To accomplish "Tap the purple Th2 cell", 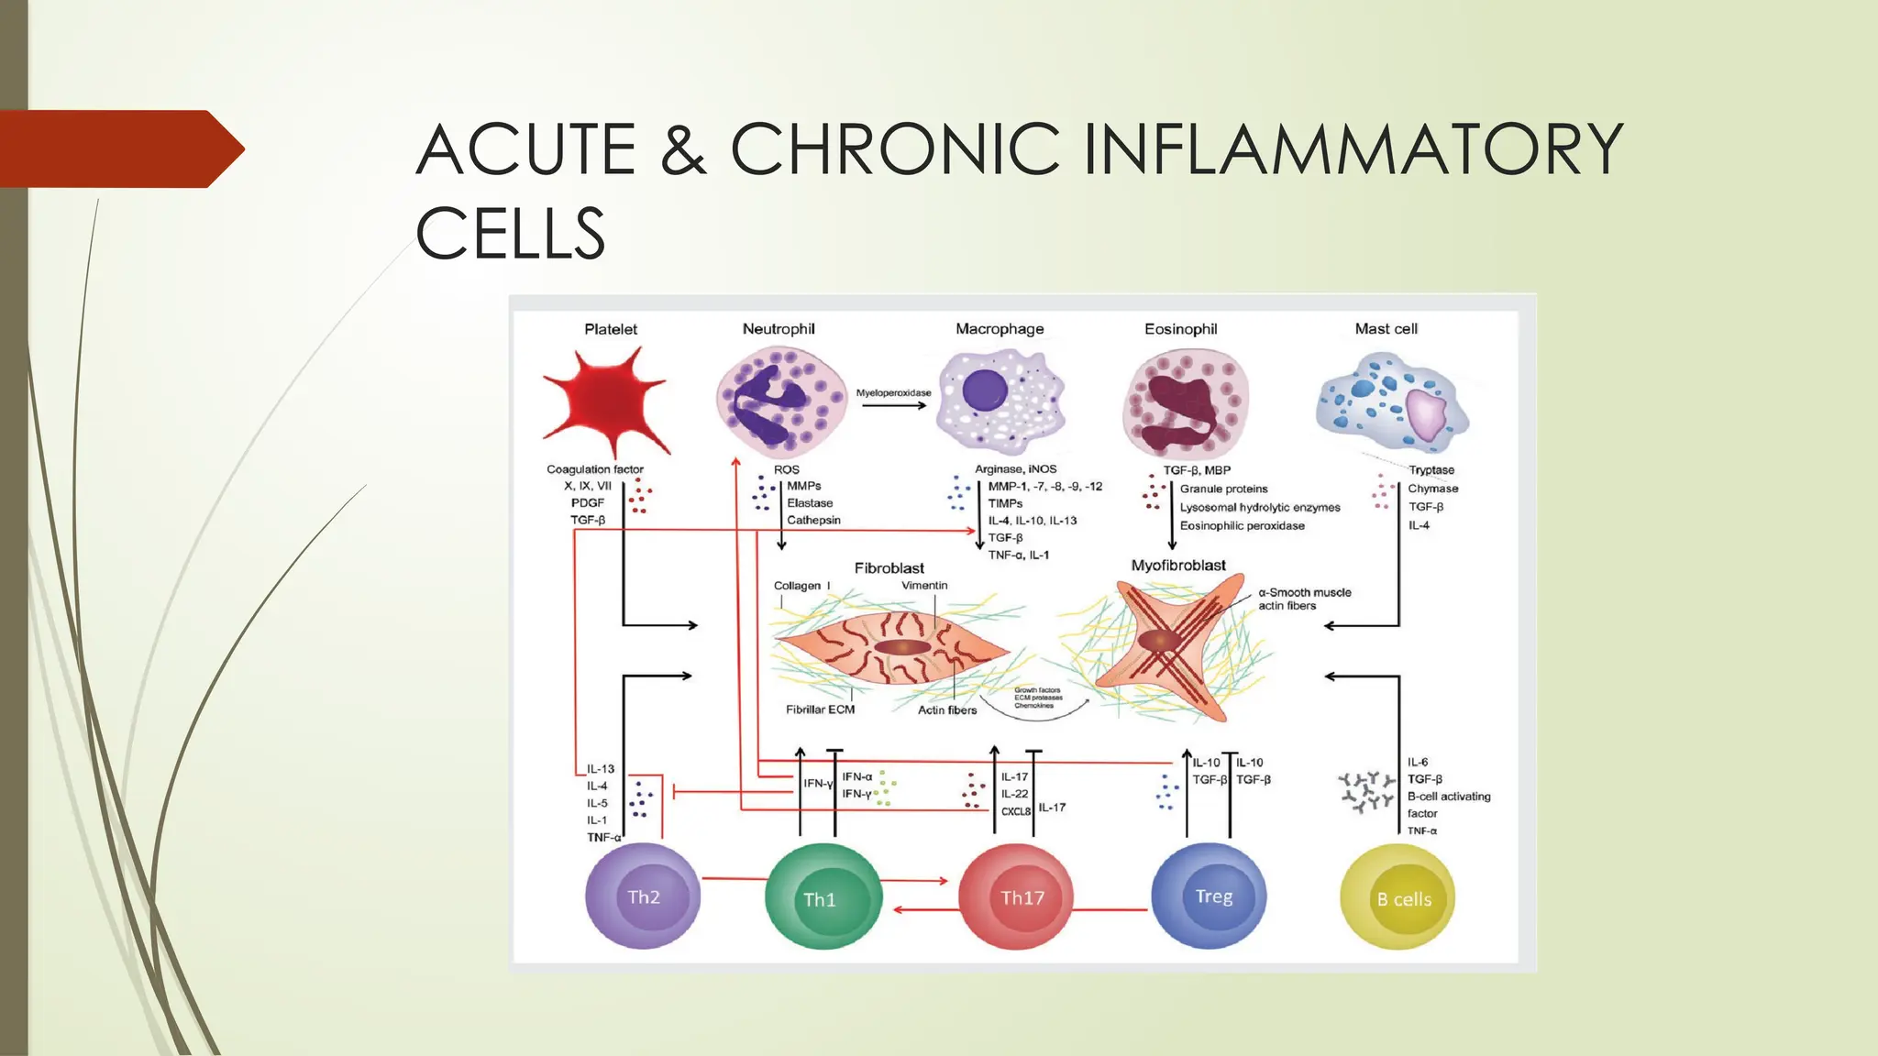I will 643,896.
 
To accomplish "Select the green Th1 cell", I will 822,898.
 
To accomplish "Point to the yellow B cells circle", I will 1398,898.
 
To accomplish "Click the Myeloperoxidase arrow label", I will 893,393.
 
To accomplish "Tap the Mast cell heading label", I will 1386,329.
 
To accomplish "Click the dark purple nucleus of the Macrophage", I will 985,390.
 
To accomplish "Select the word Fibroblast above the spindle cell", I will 889,568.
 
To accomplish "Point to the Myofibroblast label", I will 1177,566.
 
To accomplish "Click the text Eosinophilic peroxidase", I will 1242,526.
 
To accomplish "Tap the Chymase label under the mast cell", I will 1432,489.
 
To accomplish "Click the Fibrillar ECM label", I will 820,709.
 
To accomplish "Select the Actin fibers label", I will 947,710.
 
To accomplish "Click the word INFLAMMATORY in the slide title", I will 1353,149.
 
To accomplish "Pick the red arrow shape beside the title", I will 119,148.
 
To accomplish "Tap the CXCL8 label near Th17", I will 1015,812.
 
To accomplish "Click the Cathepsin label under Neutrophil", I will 813,521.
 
